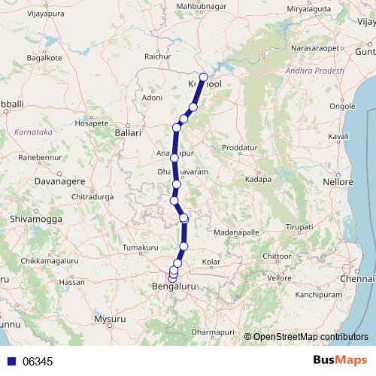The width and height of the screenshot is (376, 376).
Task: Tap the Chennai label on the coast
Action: (356, 279)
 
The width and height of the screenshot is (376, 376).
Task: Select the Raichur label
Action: (156, 56)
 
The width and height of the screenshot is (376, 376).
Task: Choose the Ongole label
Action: (343, 106)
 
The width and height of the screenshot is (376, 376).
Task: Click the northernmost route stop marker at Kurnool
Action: (203, 77)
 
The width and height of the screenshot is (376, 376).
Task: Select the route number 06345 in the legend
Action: (37, 362)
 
